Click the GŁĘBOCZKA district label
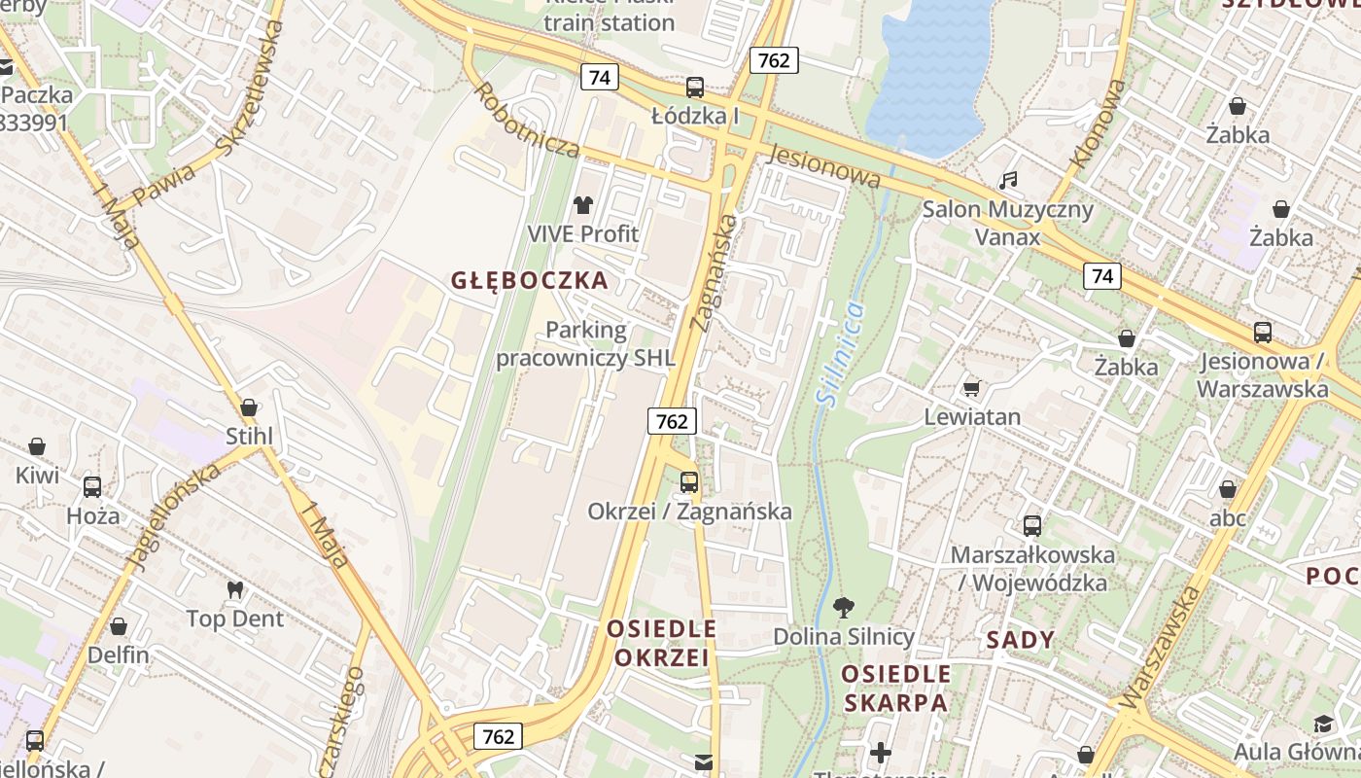click(x=530, y=281)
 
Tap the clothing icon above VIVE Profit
click(x=583, y=204)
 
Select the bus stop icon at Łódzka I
click(x=695, y=88)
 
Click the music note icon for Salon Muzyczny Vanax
click(x=1008, y=180)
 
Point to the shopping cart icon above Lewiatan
click(x=971, y=389)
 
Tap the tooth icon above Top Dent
click(x=234, y=589)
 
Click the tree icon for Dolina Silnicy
click(x=844, y=608)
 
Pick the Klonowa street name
click(x=1098, y=124)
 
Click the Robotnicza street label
click(x=526, y=120)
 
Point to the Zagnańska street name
click(x=714, y=273)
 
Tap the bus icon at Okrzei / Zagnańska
click(x=689, y=481)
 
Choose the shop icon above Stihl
click(x=249, y=407)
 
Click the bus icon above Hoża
click(x=92, y=486)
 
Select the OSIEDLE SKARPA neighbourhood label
click(x=894, y=688)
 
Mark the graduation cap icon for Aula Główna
click(x=1323, y=724)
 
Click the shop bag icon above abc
click(x=1228, y=489)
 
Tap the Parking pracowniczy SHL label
click(x=585, y=344)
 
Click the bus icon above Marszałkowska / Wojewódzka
click(x=1032, y=526)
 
